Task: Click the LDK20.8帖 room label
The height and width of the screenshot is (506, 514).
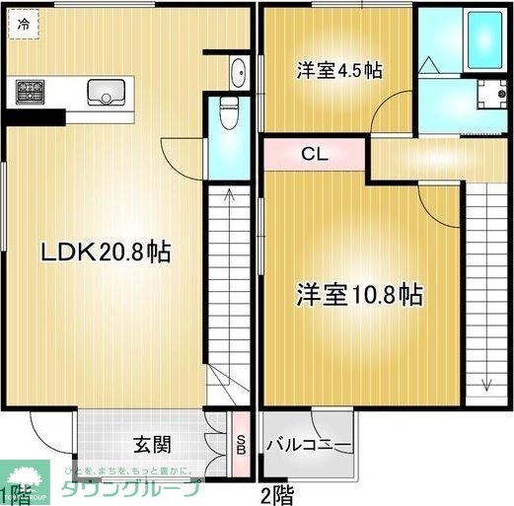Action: point(106,253)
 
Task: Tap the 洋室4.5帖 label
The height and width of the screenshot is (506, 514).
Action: point(340,71)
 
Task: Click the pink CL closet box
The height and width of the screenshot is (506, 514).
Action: point(315,154)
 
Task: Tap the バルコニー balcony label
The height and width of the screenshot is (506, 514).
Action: point(308,446)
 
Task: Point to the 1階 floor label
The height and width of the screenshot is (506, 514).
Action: point(13,492)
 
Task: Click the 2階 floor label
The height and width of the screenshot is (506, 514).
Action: point(276,494)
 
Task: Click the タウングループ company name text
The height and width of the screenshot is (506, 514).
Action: point(158,487)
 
